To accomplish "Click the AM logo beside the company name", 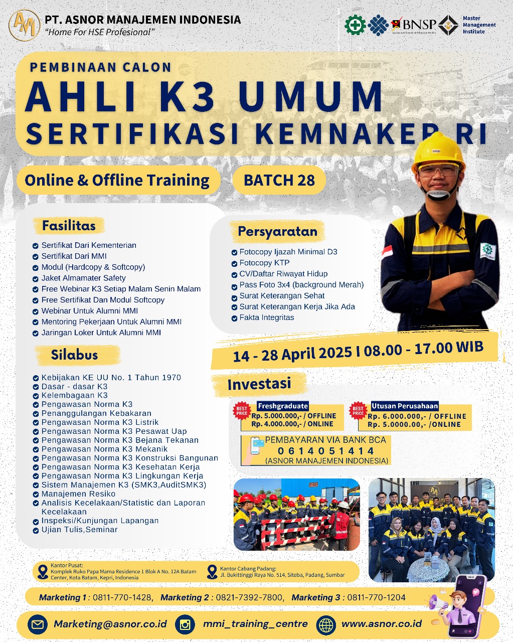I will [x=24, y=25].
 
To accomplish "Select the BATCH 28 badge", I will [x=279, y=180].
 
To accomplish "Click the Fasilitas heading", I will [x=69, y=226].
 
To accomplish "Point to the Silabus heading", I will [x=74, y=355].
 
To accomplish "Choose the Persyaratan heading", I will [x=277, y=232].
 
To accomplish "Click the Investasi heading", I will [x=259, y=384].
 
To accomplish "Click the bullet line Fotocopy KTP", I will [x=264, y=263].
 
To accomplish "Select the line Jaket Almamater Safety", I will [x=83, y=278].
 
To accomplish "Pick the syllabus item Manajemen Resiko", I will [x=78, y=494].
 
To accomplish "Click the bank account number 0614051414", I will [x=325, y=451].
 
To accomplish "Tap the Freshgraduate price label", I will [x=282, y=406].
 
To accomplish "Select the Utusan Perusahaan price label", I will [x=404, y=406].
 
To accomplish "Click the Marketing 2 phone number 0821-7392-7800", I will [x=248, y=597].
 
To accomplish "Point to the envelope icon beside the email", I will [x=37, y=624].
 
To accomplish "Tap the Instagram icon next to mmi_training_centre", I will [x=186, y=624].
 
